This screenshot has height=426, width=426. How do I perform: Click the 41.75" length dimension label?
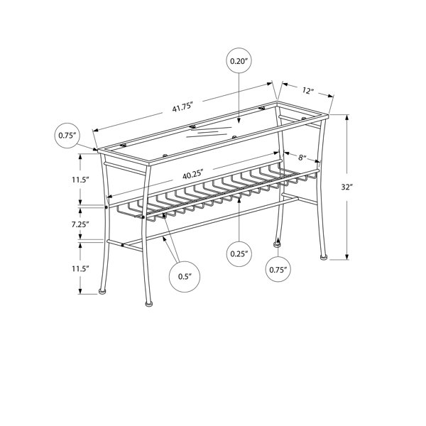click(x=182, y=107)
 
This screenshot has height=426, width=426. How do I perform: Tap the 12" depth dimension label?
click(x=308, y=90)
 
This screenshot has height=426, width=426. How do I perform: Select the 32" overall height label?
click(x=346, y=187)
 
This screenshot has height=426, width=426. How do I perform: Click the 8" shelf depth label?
click(x=302, y=158)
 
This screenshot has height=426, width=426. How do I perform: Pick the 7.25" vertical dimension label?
click(x=80, y=224)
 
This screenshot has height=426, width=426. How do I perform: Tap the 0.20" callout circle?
click(x=239, y=61)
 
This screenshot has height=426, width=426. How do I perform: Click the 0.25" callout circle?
click(x=239, y=253)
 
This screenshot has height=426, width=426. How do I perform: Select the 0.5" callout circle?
click(x=185, y=277)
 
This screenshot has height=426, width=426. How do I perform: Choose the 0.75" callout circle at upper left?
click(x=67, y=136)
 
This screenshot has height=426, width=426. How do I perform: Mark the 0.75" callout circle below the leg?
click(x=278, y=270)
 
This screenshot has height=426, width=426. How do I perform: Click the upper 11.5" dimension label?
click(x=81, y=180)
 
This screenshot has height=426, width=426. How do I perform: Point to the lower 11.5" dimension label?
click(x=81, y=269)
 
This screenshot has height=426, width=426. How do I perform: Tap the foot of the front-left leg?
click(x=149, y=304)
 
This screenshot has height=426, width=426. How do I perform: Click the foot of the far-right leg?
click(x=323, y=256)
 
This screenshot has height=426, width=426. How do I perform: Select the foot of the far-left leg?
click(x=102, y=291)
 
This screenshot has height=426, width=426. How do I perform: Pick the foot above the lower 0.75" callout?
click(x=278, y=244)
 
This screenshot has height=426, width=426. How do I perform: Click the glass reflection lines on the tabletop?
click(x=209, y=132)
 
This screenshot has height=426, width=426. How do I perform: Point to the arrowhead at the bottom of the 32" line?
click(x=347, y=257)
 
